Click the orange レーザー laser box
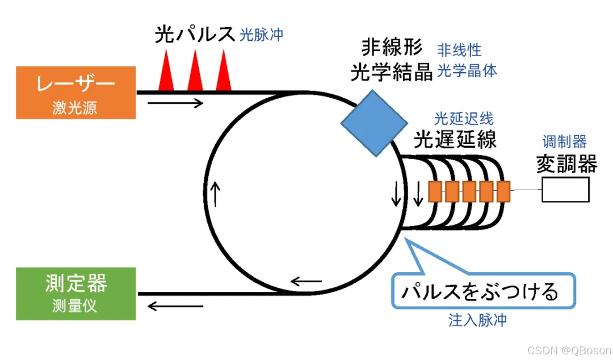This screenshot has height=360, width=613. tap(75, 93)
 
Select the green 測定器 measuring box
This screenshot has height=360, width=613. tap(75, 293)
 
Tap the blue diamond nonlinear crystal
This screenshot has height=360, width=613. tap(374, 123)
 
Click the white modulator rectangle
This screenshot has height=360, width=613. tap(565, 190)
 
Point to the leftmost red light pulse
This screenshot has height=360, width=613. tap(166, 72)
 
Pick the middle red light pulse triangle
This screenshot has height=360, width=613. tap(195, 72)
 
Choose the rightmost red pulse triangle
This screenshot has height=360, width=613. tap(223, 72)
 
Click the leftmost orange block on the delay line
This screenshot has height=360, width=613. tap(435, 191)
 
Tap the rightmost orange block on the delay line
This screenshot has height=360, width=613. tap(503, 191)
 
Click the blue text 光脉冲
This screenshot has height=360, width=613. tap(261, 35)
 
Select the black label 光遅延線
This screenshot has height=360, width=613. tap(455, 139)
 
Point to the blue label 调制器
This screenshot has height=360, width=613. tap(564, 142)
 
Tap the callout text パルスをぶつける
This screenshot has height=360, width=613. tap(480, 292)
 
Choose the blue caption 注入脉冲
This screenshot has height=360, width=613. tap(477, 320)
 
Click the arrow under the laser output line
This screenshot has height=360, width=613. tap(175, 103)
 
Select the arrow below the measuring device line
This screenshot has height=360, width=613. tap(175, 307)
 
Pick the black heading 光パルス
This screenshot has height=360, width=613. tap(194, 35)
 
